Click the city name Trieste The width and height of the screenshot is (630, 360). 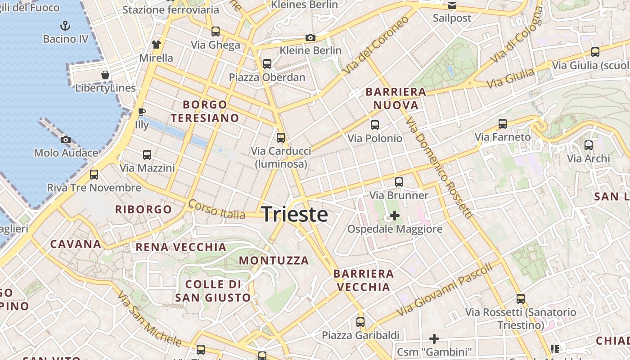pos(294,214)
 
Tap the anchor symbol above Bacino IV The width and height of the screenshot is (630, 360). pos(66,25)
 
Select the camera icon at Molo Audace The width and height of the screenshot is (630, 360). pos(66,139)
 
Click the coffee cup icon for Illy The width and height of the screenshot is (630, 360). pos(141,112)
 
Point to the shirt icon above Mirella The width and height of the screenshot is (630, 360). pos(156,44)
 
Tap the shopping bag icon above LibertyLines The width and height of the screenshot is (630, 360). pos(105,74)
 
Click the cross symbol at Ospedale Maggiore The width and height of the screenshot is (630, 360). pos(395,216)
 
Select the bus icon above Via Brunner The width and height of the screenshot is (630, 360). pos(399,182)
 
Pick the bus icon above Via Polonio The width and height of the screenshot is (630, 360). pos(374,125)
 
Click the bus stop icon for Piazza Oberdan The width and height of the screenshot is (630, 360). pos(267,64)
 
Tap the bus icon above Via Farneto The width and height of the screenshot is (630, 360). pos(503,124)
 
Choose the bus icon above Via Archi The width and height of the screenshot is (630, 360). pos(588,145)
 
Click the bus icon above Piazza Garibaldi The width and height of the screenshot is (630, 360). pos(360,322)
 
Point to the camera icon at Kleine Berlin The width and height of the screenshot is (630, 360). pos(310,37)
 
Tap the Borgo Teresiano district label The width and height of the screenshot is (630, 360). pos(205,111)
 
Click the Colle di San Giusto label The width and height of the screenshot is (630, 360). pos(213,291)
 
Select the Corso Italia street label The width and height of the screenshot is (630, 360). pos(217,210)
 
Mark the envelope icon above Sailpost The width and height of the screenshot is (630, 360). pos(452,5)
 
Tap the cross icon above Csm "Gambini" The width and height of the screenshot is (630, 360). pos(434,338)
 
